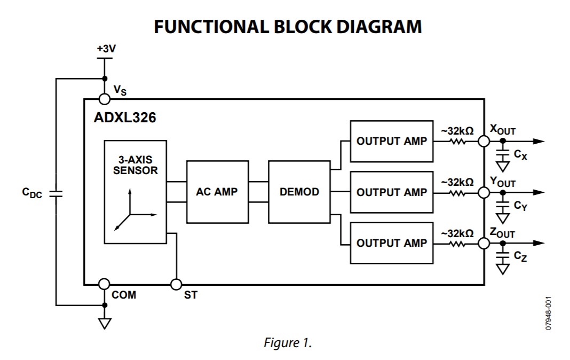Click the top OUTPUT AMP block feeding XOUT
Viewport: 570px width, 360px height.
click(391, 141)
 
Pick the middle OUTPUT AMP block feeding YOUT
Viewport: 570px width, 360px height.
click(391, 192)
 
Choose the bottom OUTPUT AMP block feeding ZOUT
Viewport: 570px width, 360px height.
click(391, 242)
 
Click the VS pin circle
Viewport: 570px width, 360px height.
click(105, 99)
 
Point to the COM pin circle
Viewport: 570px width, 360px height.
click(105, 284)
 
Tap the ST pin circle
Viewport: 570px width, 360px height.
click(176, 284)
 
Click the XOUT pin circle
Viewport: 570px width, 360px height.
click(484, 142)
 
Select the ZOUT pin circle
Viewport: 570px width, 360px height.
click(484, 243)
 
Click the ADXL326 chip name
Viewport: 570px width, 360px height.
click(125, 118)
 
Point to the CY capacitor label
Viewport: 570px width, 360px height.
click(520, 206)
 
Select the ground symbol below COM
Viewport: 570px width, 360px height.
click(105, 323)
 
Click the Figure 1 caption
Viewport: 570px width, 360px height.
click(288, 343)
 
